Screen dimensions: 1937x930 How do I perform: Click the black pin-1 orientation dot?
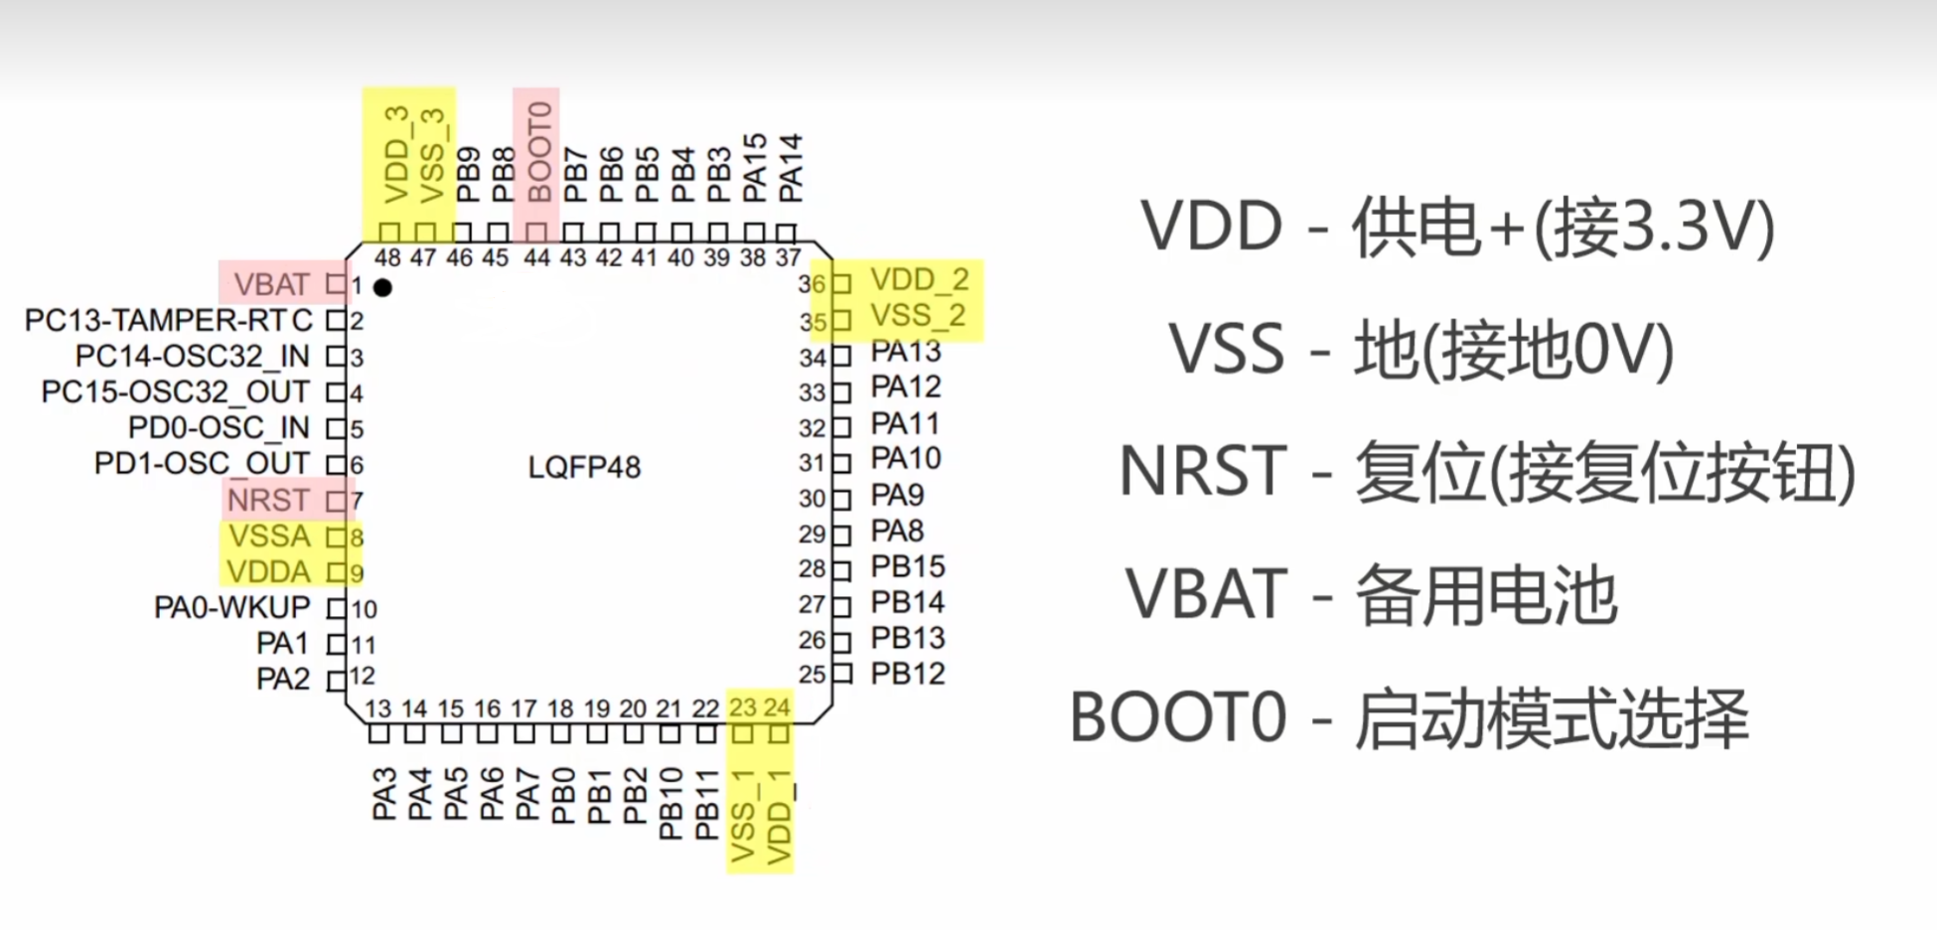(x=382, y=287)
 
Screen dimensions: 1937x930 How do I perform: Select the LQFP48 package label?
(x=584, y=467)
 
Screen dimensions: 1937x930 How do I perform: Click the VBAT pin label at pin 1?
(x=271, y=285)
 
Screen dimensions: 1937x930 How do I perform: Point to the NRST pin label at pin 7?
(x=268, y=500)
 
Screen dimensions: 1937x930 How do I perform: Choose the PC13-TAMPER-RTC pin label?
(x=169, y=321)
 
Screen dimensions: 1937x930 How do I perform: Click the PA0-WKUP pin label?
(x=232, y=607)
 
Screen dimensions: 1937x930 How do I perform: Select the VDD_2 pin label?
(x=920, y=280)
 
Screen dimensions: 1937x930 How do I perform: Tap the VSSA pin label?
(x=269, y=536)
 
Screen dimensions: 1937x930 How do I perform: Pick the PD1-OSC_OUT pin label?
(x=202, y=464)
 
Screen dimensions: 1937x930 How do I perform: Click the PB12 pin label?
(x=908, y=674)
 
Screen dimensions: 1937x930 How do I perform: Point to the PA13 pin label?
(x=906, y=352)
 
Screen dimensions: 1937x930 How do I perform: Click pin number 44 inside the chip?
(x=537, y=258)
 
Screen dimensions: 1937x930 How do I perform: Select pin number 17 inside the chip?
(x=523, y=709)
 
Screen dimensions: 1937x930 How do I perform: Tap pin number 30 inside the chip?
(x=813, y=499)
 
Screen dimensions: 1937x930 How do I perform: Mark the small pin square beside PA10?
(x=842, y=463)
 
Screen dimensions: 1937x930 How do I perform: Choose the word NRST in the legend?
(x=1203, y=471)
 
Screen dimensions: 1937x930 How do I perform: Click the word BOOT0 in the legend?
(x=1178, y=717)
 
